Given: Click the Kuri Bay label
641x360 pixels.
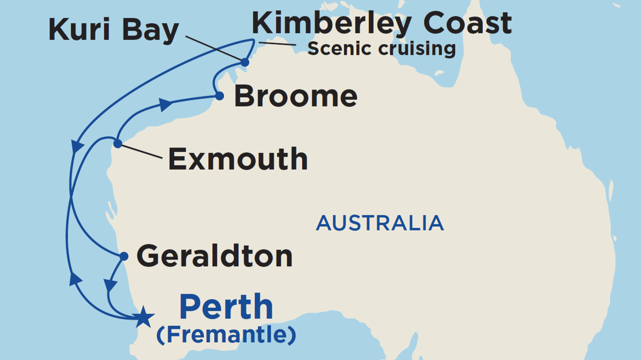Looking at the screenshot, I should coord(113,30).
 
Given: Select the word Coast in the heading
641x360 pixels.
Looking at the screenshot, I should coord(467,24).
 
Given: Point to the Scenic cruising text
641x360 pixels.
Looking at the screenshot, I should coord(381,49).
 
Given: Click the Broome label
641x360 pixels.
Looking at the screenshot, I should coord(296,97).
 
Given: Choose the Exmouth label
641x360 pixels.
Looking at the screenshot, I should coord(238,159).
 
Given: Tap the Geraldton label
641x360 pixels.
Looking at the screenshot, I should coord(215,256).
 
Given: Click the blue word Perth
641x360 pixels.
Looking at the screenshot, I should coord(226,307).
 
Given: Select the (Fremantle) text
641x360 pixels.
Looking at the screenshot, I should coord(226,335).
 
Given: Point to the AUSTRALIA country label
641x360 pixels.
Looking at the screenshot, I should coord(380,223).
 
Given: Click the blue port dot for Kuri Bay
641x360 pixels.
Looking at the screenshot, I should coord(245,62).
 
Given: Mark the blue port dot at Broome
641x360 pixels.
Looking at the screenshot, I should coord(220,96).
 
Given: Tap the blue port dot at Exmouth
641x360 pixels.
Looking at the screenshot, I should coord(118,143).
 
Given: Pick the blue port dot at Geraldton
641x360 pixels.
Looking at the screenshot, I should coord(124,256).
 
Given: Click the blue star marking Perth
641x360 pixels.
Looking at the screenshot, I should coord(143,317).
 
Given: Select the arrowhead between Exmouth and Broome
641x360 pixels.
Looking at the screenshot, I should coord(165,105).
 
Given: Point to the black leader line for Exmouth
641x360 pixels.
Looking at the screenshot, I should coord(142,152).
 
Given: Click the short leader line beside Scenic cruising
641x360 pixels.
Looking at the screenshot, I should coord(277,43).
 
